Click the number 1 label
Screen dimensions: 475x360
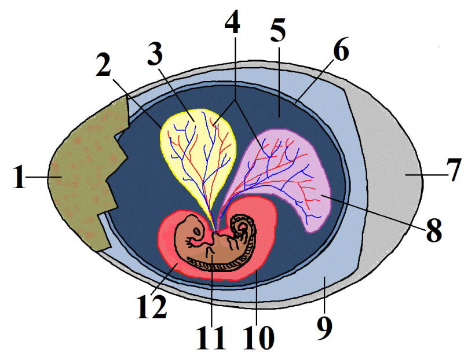[19, 178]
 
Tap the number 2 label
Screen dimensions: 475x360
[104, 65]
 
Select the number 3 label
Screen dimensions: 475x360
[155, 54]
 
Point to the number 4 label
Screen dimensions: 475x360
[232, 21]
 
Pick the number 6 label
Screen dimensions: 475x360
[341, 49]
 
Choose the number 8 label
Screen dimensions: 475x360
[434, 231]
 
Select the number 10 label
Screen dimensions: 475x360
[258, 338]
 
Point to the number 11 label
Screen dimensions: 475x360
[211, 338]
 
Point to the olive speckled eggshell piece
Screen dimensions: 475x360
[88, 175]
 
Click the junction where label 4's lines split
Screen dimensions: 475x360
[235, 101]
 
